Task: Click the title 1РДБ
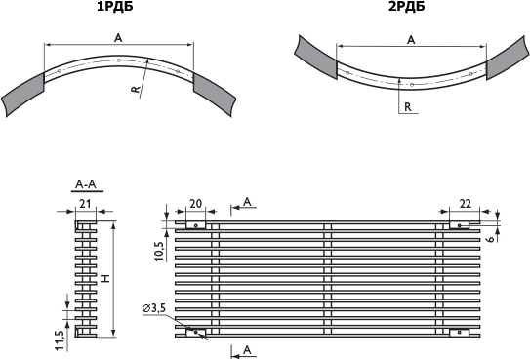click(x=115, y=7)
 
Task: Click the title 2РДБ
click(x=406, y=7)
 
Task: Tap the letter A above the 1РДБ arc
click(x=118, y=38)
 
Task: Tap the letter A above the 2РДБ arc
click(x=411, y=40)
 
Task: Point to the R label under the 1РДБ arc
click(x=136, y=89)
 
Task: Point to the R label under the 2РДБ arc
click(x=408, y=107)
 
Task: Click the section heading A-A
click(x=86, y=184)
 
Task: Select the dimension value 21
click(x=85, y=204)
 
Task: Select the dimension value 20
click(x=196, y=204)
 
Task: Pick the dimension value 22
click(x=466, y=204)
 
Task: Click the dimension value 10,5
click(x=159, y=252)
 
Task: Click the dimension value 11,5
click(x=60, y=340)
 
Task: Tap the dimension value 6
click(x=491, y=238)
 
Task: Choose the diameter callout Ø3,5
click(x=154, y=308)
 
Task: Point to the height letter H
click(x=106, y=279)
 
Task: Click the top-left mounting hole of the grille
click(x=196, y=225)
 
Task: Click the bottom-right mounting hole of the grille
click(x=459, y=333)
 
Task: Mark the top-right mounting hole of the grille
click(x=459, y=225)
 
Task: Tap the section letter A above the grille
click(x=247, y=202)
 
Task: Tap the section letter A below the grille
click(x=247, y=350)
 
